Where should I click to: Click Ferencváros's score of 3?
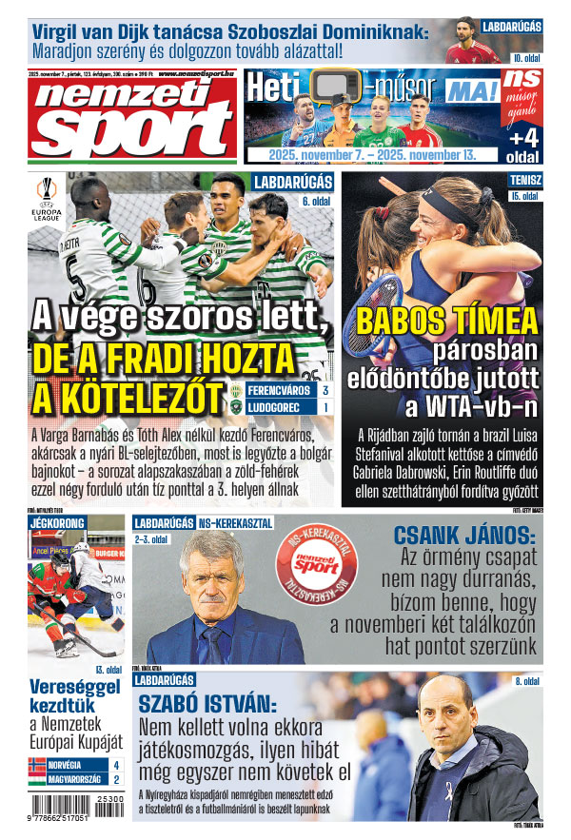click(x=325, y=391)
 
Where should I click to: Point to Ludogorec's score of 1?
click(x=325, y=408)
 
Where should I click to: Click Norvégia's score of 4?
click(x=116, y=764)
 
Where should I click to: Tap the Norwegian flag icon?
click(x=38, y=764)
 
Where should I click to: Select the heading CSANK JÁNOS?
click(x=465, y=537)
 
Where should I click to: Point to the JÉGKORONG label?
click(x=57, y=523)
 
